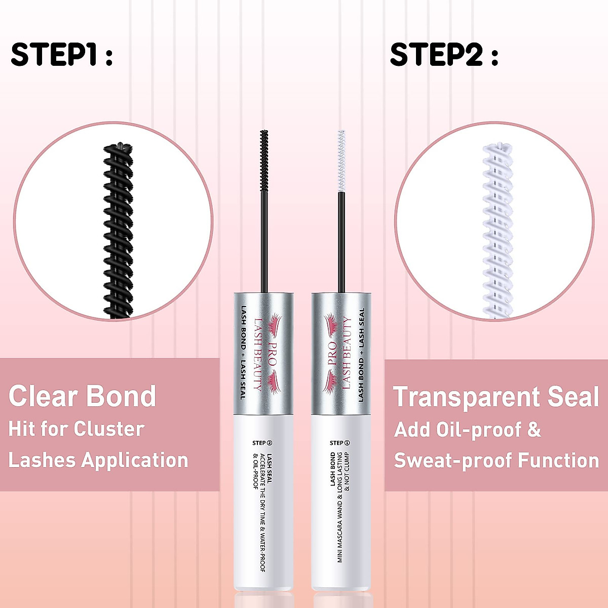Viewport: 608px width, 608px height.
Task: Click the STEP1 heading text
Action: coord(61,54)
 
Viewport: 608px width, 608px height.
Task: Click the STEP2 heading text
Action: coord(443,54)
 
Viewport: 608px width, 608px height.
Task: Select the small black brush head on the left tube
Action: coord(263,160)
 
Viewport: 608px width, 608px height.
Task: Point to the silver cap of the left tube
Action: coord(263,352)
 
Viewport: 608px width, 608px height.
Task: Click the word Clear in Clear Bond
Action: coord(42,396)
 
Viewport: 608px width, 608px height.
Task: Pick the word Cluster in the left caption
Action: coord(109,429)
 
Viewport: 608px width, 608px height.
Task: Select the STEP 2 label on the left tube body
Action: coord(262,442)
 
